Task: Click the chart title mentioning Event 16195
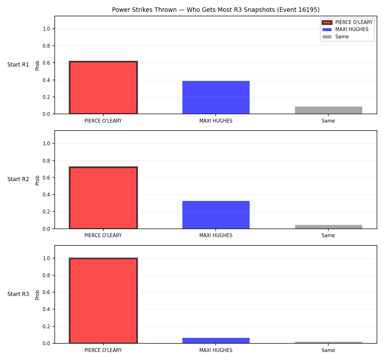216,10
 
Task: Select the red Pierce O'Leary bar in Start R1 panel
103,87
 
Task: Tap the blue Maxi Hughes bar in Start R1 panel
216,97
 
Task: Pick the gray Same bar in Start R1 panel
328,110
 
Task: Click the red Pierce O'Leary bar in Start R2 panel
103,197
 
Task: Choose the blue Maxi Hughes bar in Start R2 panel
216,215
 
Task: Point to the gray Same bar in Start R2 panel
328,227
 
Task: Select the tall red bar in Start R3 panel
103,300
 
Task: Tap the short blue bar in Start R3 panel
216,341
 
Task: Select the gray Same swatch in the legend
327,37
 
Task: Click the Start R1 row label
18,65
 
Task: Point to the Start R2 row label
18,179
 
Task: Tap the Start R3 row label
18,294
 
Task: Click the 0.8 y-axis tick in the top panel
46,46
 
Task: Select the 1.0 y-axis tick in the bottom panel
46,258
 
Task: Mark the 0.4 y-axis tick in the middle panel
46,195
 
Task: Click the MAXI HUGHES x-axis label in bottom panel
216,350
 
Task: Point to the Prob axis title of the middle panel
37,180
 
